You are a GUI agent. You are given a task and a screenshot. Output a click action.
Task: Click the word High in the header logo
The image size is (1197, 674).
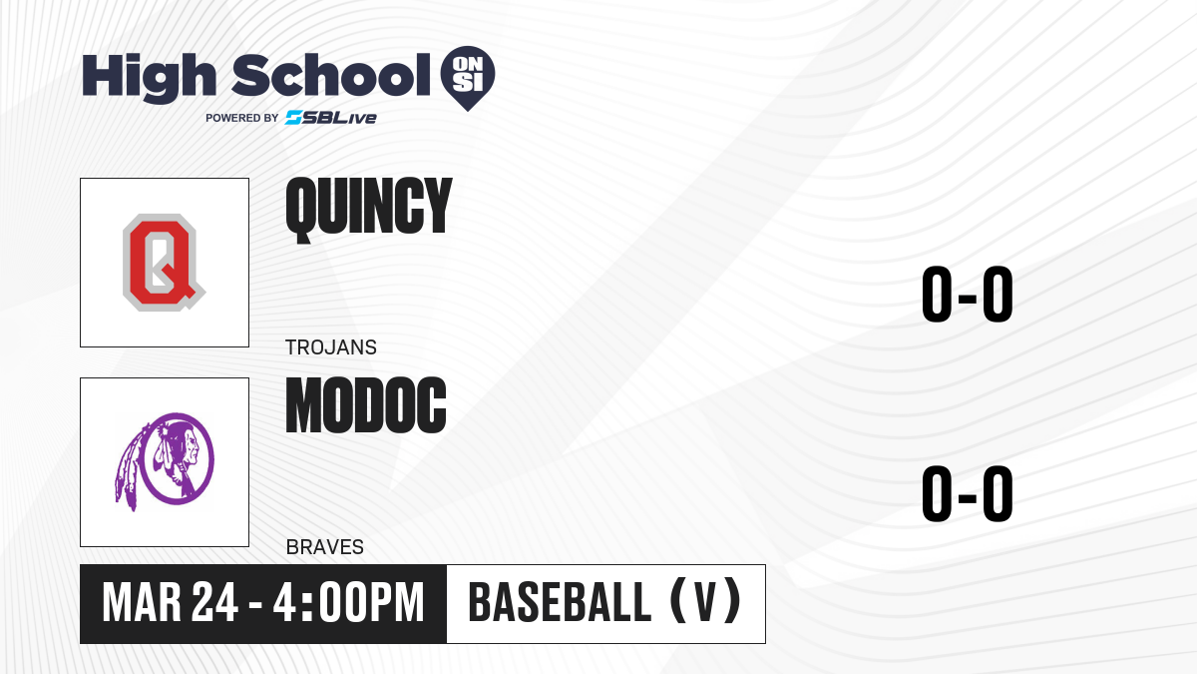point(150,78)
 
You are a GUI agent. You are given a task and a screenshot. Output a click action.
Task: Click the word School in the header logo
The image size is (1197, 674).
point(331,75)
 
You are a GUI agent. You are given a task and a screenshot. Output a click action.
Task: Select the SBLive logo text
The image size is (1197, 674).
point(331,118)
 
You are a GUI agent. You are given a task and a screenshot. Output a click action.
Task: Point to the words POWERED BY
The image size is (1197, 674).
point(242,118)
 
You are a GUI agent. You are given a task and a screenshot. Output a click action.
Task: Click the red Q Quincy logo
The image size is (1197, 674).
point(164,262)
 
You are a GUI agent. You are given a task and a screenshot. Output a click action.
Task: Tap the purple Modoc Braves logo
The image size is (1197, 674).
point(165,461)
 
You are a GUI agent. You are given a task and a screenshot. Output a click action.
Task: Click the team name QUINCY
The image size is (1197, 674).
point(369,209)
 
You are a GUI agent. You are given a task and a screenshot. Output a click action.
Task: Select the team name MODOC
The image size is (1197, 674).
point(366,405)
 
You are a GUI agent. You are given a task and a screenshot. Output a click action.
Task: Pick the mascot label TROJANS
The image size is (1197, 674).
point(331,347)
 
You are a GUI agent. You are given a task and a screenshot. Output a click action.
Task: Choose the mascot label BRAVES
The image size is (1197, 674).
point(325,547)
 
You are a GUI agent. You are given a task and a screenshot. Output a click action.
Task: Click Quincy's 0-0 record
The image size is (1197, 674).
point(968,295)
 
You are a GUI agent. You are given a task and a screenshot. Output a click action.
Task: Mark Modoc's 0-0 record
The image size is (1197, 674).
point(968,493)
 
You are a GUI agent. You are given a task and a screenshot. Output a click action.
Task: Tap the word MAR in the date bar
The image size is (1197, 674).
point(142,603)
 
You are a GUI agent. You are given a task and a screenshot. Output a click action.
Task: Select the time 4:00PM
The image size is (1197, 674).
point(349,603)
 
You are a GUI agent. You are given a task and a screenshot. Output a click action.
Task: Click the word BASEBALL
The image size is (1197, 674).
point(560,603)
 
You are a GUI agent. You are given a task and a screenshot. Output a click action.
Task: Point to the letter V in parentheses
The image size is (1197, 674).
point(705,603)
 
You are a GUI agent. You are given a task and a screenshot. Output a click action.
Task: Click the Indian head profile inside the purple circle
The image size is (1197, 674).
point(178,459)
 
